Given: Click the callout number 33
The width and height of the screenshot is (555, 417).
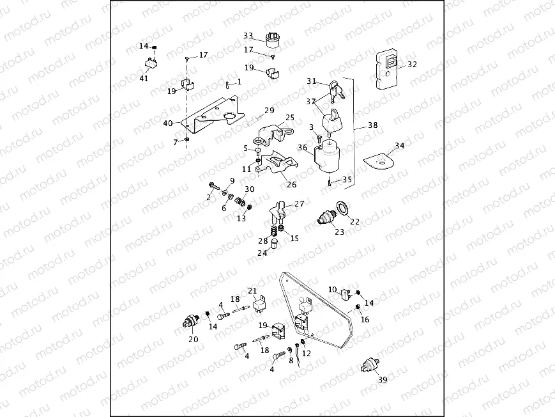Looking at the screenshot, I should coord(248,35).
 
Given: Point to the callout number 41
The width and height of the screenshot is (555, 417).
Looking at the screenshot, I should coord(144,79).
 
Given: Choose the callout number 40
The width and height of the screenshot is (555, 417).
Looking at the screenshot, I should coord(168,123).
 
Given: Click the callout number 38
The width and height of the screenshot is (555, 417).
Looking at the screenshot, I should coord(372,126).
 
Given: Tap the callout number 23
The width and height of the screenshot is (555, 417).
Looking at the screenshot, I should coord(339,232).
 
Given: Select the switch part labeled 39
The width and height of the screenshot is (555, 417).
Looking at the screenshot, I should coord(369,364).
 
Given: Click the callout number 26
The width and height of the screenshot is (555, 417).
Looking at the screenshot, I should coord(291,185).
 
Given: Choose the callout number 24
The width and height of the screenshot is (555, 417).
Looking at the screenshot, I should coord(262,252).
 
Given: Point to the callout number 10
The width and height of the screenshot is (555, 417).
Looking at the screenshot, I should coord(333,290).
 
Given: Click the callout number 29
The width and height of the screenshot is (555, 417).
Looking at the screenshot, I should coord(269,110).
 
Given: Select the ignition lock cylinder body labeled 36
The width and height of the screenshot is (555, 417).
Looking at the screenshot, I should coord(329,158).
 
